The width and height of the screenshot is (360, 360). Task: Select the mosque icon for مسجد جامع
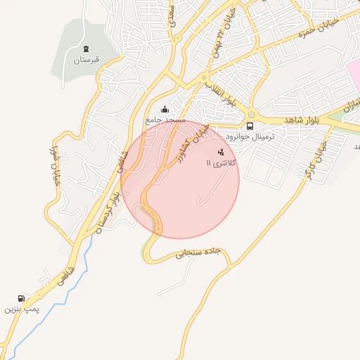[x=165, y=109]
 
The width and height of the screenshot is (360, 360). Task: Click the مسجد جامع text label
[x=165, y=120]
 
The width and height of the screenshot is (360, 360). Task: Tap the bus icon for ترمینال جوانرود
[x=250, y=126]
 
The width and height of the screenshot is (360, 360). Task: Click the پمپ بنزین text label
[x=21, y=309]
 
